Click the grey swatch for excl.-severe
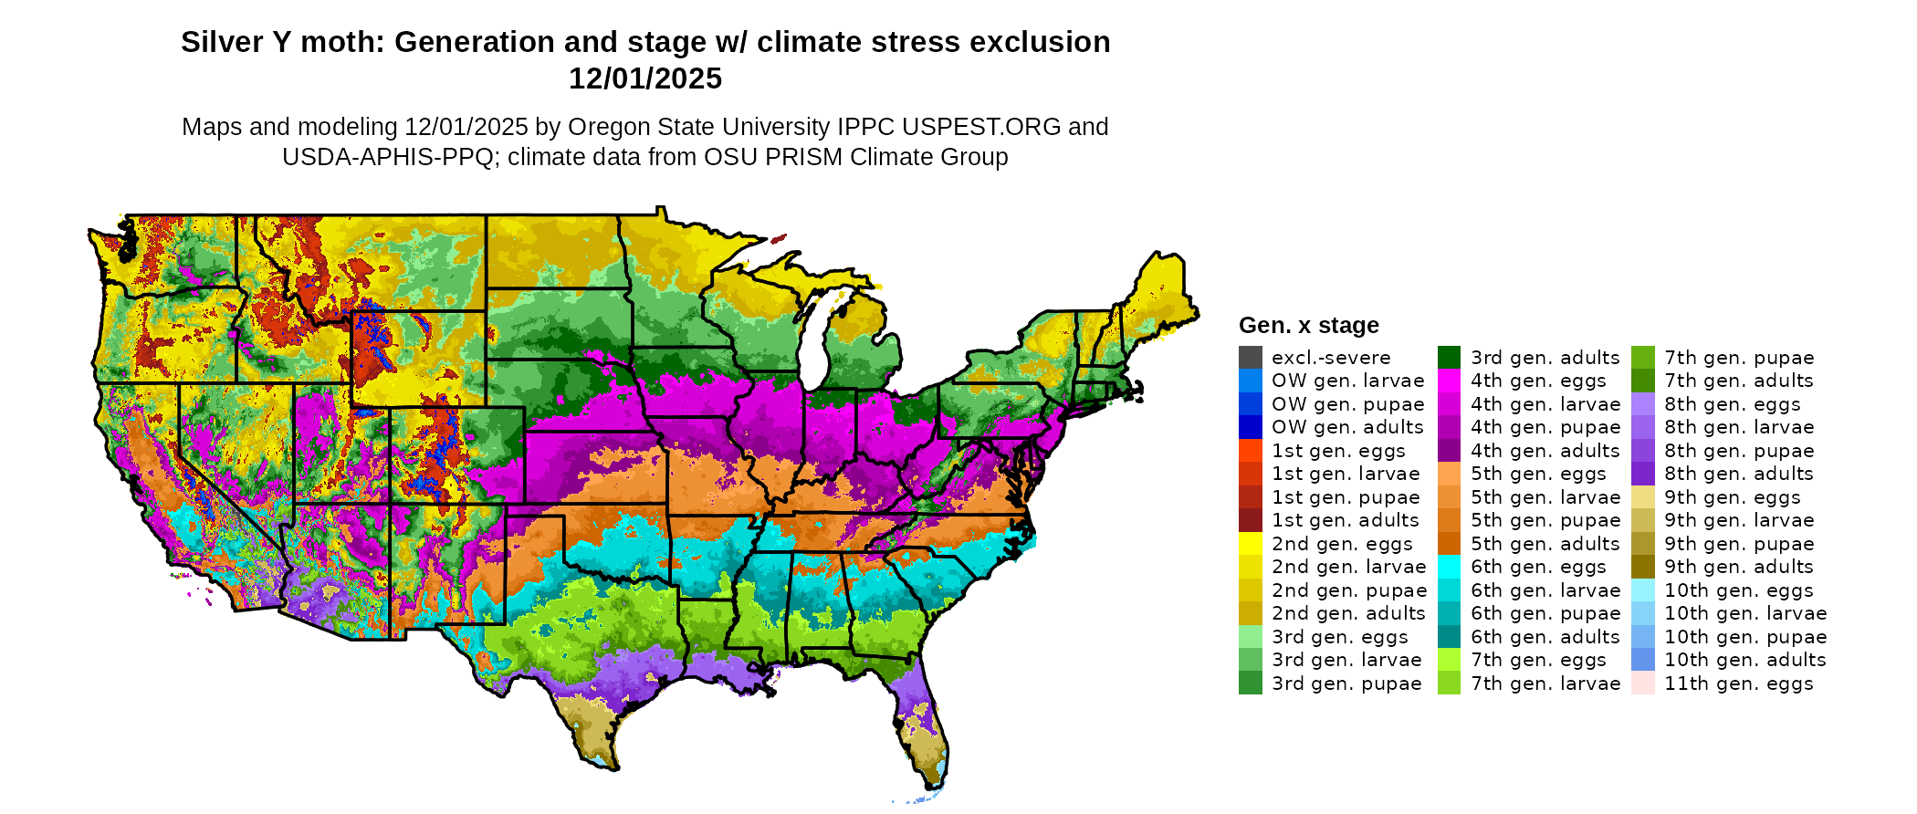pos(1250,358)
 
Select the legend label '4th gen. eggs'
pos(1538,381)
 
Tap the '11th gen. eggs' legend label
pos(1738,684)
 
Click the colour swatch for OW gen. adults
pos(1250,427)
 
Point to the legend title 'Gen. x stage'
pos(1308,326)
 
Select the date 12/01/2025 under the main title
pos(645,79)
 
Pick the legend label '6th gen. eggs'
pos(1538,567)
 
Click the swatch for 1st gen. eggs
pos(1250,451)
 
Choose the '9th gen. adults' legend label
pos(1738,567)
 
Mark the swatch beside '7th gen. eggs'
pos(1449,660)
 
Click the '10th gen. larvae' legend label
pos(1745,613)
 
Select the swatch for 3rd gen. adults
pos(1449,358)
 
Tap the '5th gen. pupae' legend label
pos(1545,520)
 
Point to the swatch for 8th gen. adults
pos(1642,474)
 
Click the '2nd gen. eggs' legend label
pos(1342,544)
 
